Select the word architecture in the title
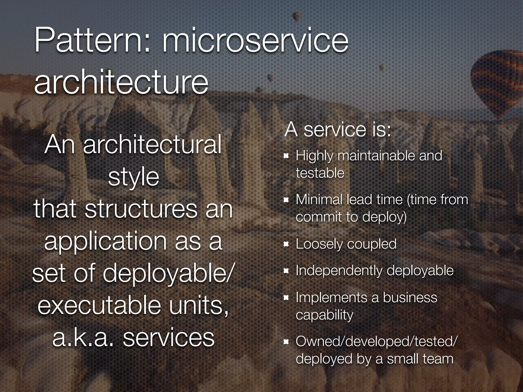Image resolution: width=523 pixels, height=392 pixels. [x=121, y=82]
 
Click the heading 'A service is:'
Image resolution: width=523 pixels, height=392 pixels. [x=338, y=130]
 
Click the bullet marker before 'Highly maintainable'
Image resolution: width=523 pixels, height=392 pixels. [x=286, y=156]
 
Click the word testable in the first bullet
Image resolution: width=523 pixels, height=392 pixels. [x=320, y=173]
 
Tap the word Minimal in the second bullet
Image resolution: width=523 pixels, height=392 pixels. [x=319, y=200]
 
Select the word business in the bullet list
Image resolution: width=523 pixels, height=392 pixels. [x=410, y=298]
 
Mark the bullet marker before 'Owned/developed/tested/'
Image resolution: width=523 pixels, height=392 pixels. [x=286, y=342]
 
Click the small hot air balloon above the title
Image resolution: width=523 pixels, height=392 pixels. [x=296, y=16]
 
